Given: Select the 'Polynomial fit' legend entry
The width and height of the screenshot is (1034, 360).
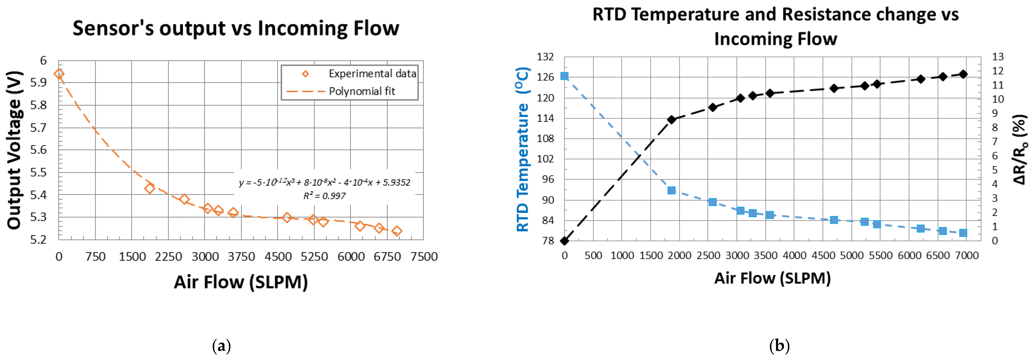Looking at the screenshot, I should click(362, 92).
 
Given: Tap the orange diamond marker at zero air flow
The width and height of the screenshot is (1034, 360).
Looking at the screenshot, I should click(59, 74).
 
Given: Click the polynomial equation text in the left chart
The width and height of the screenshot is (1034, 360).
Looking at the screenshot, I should click(324, 183).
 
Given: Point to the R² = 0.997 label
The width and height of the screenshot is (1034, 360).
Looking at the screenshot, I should click(324, 196).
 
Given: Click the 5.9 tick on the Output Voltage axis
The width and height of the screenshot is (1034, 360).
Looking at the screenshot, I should click(39, 83).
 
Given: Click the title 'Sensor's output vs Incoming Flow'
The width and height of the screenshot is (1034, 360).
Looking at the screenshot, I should click(236, 28).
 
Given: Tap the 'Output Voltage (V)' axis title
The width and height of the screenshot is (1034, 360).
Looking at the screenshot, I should click(14, 150).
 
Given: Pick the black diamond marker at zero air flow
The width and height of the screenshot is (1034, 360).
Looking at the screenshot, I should click(564, 241).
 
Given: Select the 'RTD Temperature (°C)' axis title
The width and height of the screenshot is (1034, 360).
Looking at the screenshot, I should click(523, 149).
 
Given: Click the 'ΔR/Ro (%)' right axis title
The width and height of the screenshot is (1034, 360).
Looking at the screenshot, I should click(1020, 149).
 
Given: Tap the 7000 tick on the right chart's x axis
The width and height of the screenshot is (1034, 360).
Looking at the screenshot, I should click(967, 256).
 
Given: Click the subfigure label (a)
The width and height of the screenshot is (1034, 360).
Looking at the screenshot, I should click(221, 346).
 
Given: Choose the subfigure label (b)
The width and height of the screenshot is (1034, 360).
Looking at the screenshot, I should click(779, 346).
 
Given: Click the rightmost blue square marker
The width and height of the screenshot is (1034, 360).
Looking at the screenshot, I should click(963, 233).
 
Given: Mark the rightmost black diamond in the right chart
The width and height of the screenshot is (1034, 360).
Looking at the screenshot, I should click(963, 74).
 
